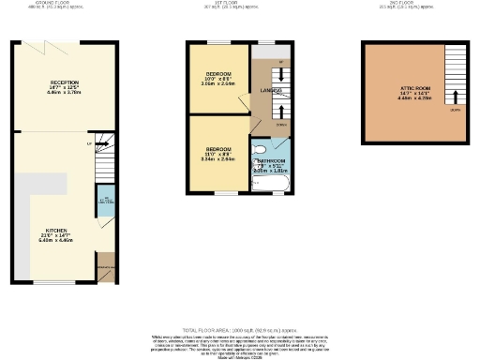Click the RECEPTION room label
click(x=65, y=83)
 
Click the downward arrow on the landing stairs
click(x=282, y=75)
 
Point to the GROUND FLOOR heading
click(x=65, y=4)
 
